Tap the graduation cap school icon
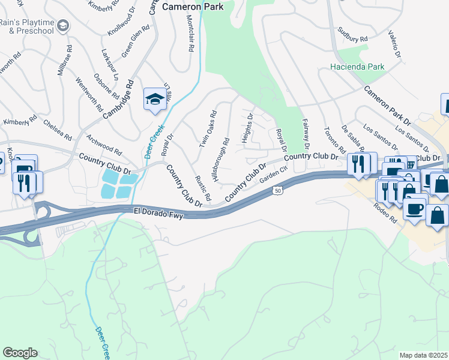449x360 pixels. click(x=155, y=100)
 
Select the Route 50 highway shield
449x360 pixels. click(x=277, y=190)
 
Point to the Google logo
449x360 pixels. click(x=19, y=353)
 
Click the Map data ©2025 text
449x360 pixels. click(x=423, y=355)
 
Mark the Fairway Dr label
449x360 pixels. click(x=305, y=133)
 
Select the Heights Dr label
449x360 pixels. click(x=247, y=128)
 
